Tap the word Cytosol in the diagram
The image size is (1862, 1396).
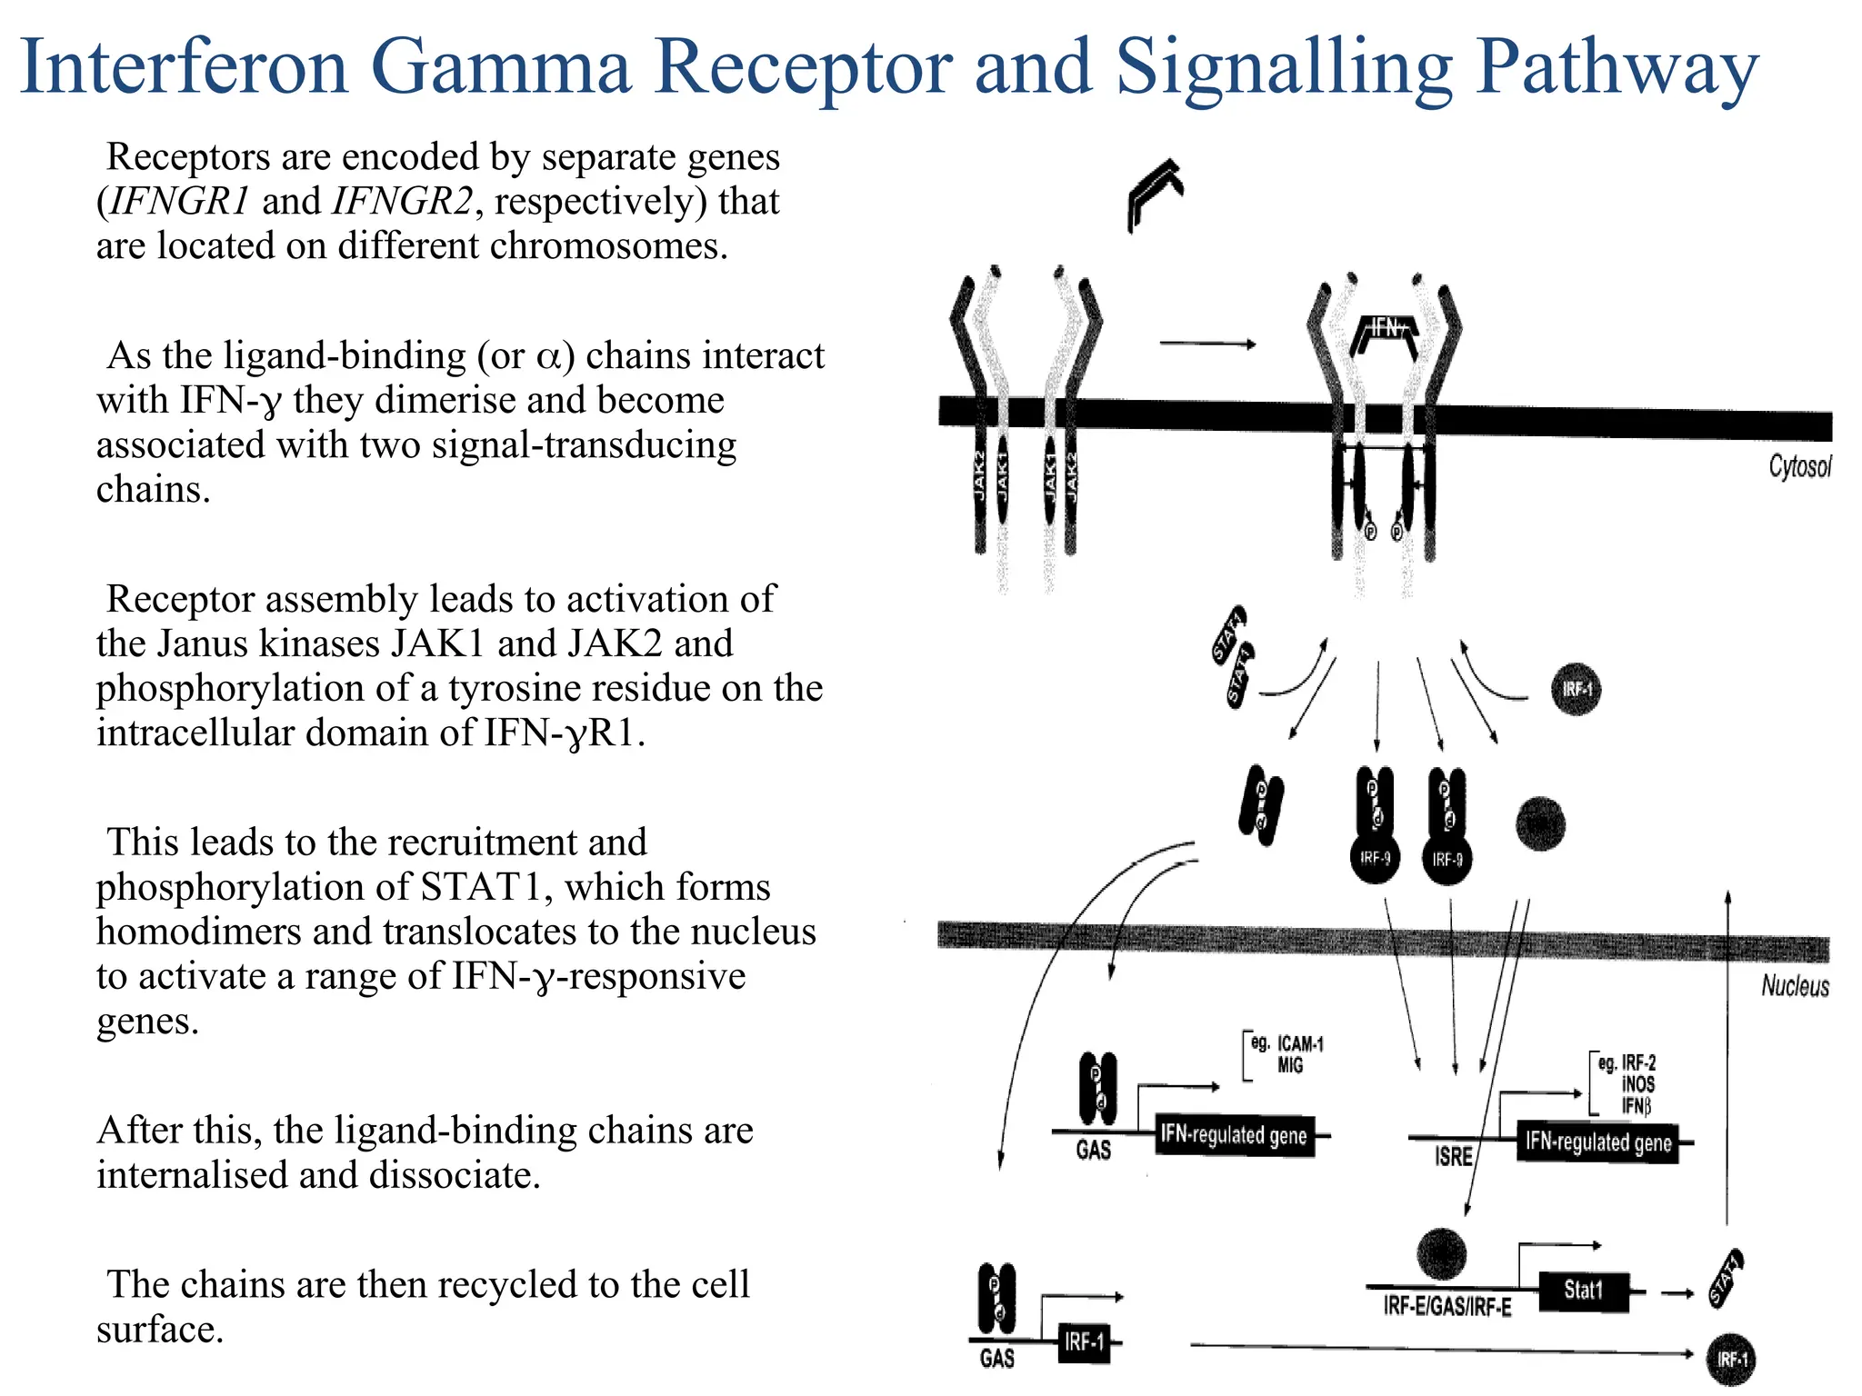tap(1798, 466)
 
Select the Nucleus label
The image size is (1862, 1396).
tap(1794, 986)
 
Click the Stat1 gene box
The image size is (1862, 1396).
tap(1583, 1291)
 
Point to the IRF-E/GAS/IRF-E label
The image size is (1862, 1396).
tap(1447, 1307)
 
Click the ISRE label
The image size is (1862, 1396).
tap(1453, 1157)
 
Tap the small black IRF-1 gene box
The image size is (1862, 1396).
tap(1084, 1341)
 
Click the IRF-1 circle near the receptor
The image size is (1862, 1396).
tap(1576, 690)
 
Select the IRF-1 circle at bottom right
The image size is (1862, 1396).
tap(1730, 1360)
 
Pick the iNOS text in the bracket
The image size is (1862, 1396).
tap(1637, 1084)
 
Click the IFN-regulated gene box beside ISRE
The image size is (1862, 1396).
tap(1597, 1142)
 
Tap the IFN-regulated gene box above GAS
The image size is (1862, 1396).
tap(1234, 1135)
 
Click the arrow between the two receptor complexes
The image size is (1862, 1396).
tap(1206, 344)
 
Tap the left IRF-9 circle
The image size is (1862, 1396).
tap(1375, 858)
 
